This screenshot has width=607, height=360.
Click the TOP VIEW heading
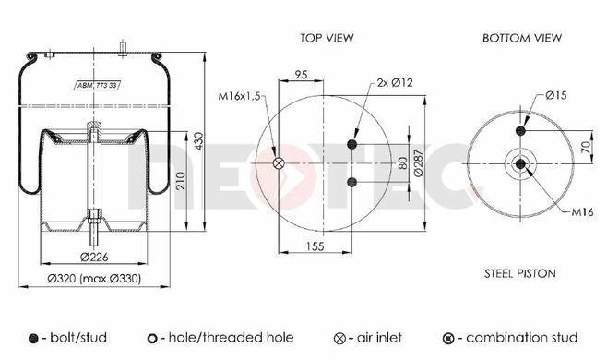327,38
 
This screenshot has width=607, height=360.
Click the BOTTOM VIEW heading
522,38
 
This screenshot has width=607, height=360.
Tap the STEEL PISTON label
520,273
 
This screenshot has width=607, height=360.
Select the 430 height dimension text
198,141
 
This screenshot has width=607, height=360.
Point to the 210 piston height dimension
181,181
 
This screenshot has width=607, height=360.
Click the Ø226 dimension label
94,257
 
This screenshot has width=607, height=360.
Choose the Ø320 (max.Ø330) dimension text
94,278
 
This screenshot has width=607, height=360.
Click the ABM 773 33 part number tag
99,85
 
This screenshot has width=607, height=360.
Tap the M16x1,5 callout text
239,96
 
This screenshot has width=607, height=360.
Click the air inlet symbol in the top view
279,163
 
